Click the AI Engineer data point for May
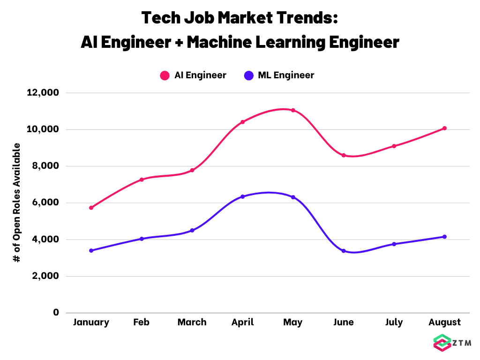coord(293,110)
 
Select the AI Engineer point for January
coord(91,208)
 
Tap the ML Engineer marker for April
coord(243,196)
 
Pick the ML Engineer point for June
coord(344,251)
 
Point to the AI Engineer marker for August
coord(444,128)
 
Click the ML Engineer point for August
coord(444,237)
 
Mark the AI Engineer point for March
coord(192,170)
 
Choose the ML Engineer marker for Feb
coord(142,239)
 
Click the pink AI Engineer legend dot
coord(165,75)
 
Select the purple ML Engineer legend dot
coord(249,75)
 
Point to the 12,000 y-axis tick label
coord(43,92)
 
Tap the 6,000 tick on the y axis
coord(45,202)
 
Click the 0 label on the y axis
coord(56,312)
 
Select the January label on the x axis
coord(91,322)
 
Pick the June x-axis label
coord(344,322)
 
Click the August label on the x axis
coord(444,322)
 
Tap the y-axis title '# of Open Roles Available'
coord(16,202)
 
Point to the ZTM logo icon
coord(442,343)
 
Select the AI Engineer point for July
coord(394,146)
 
